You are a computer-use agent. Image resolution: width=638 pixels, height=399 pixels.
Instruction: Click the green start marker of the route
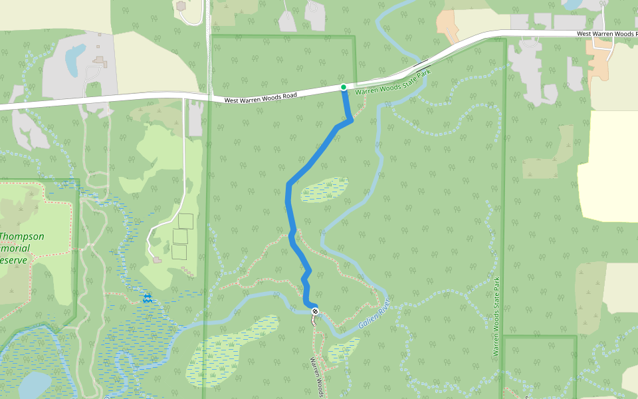point(343,87)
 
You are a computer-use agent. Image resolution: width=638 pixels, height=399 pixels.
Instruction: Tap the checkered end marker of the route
point(315,311)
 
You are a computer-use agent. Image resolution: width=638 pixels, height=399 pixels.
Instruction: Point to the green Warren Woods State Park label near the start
point(393,83)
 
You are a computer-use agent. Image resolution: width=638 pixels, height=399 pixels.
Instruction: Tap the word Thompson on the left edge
point(23,236)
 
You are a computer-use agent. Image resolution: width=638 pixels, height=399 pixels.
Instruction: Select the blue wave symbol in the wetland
point(147,298)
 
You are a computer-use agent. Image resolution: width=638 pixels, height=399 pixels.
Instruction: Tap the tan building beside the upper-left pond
point(100,62)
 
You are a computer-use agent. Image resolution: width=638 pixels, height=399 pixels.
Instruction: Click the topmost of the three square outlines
point(186,221)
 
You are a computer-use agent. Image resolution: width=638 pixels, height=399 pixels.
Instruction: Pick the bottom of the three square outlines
point(179,251)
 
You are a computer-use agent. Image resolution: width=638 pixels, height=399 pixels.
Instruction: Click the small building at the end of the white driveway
point(157,259)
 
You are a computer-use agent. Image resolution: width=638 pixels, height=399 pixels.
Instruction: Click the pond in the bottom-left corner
point(33,384)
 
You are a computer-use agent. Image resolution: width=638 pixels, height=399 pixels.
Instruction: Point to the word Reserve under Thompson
point(15,259)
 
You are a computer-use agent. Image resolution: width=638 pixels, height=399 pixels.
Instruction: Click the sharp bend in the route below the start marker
point(350,120)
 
